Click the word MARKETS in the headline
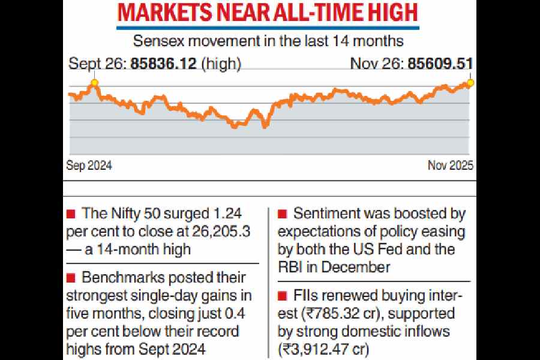[161, 14]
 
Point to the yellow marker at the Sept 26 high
[94, 82]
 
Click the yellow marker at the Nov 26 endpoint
[470, 82]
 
